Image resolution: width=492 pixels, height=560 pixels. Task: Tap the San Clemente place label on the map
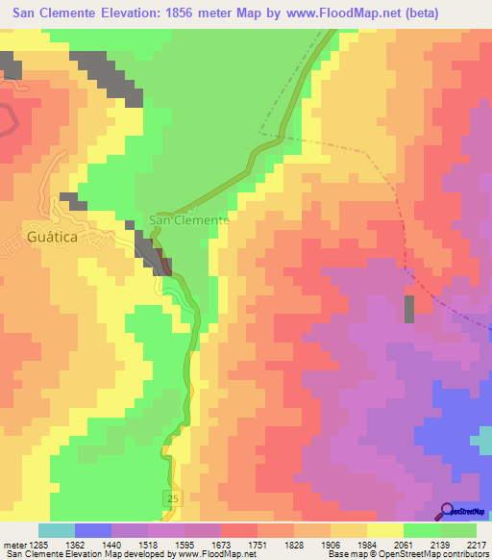(x=188, y=219)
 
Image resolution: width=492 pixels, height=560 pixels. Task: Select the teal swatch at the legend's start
(x=56, y=530)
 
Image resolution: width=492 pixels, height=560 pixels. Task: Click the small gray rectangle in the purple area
(x=409, y=309)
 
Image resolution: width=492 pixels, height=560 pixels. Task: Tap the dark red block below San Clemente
(x=165, y=266)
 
